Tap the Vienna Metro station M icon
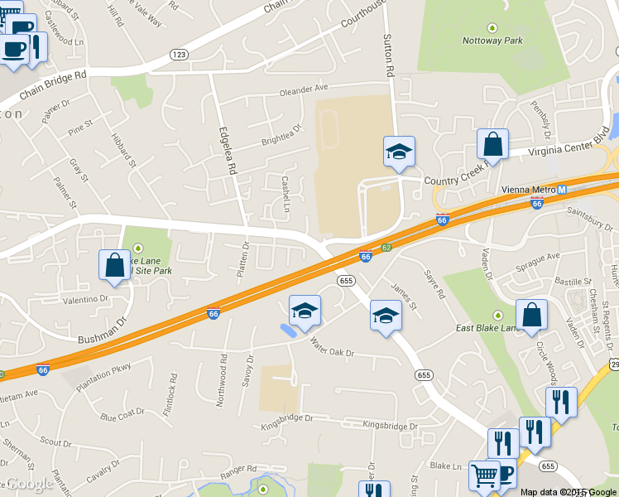pyautogui.click(x=562, y=189)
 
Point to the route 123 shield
pyautogui.click(x=179, y=54)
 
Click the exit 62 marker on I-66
pyautogui.click(x=386, y=247)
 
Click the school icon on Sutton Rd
pyautogui.click(x=399, y=152)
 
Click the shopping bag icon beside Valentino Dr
pyautogui.click(x=114, y=265)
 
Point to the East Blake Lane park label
pyautogui.click(x=487, y=328)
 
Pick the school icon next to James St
pyautogui.click(x=385, y=315)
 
